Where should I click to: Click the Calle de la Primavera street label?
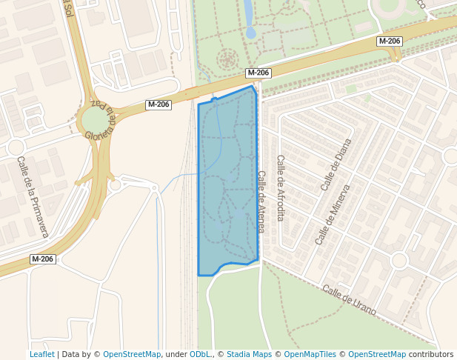coord(33,198)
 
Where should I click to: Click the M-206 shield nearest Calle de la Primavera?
coord(42,259)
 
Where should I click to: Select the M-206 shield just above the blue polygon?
coord(258,73)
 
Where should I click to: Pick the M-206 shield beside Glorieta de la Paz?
coord(159,104)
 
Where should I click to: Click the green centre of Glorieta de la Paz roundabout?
coord(95,121)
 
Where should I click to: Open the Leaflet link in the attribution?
coord(41,354)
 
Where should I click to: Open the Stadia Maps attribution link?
coord(250,354)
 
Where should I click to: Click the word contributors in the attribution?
coord(431,354)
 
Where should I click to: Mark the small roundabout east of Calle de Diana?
coord(451,156)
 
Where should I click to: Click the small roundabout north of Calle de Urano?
coord(399,260)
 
